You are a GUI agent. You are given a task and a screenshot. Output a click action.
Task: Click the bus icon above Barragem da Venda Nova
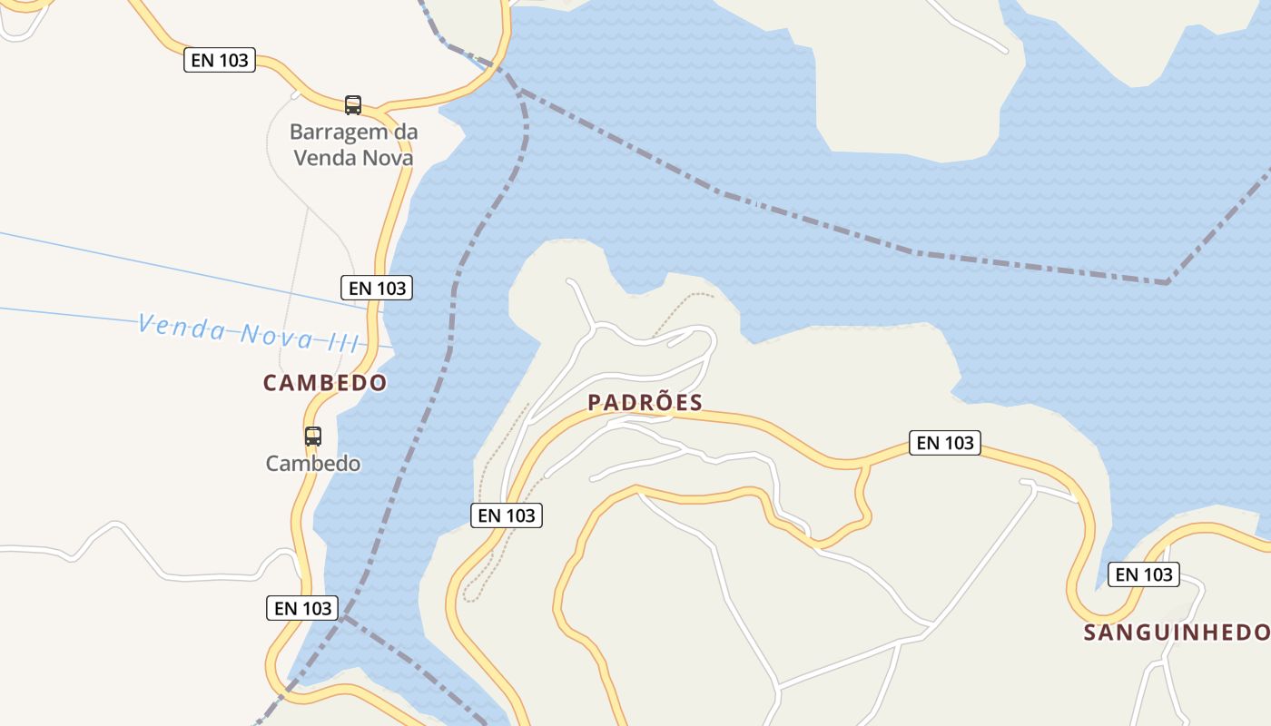tap(353, 105)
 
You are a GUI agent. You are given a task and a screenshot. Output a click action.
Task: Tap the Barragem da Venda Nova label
tap(353, 145)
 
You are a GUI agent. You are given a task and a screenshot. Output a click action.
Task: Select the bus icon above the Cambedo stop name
tap(313, 437)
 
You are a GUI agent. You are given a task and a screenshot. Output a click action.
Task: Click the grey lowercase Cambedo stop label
tap(313, 464)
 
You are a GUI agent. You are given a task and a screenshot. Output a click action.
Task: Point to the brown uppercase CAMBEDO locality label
tap(325, 383)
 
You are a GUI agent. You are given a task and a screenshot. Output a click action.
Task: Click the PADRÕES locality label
tap(645, 403)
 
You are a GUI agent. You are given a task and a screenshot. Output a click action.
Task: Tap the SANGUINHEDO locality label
tap(1177, 633)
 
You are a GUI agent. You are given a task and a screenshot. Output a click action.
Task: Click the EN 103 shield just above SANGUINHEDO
tap(1144, 574)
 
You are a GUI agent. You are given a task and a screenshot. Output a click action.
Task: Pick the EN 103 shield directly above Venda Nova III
tap(377, 288)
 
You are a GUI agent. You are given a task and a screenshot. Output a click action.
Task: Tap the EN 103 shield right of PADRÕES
tap(945, 443)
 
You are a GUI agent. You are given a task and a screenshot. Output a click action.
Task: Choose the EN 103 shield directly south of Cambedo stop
tap(302, 608)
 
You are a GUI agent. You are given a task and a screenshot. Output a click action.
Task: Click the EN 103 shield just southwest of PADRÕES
tap(507, 515)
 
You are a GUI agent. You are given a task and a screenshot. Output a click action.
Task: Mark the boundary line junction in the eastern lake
tap(1168, 282)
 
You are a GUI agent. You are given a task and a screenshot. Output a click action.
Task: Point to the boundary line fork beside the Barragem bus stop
tap(518, 90)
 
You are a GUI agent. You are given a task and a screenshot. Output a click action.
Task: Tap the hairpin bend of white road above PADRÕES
tap(713, 341)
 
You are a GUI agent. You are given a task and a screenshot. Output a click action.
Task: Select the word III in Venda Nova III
tap(341, 342)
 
